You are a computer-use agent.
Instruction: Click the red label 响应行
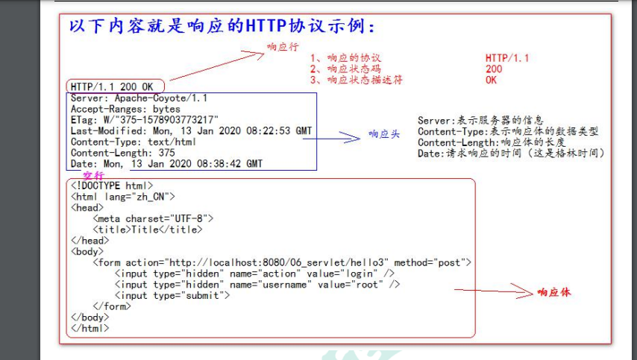[x=281, y=47]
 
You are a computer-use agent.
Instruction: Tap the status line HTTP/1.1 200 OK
[x=113, y=86]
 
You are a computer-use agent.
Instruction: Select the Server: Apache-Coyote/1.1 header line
[x=139, y=98]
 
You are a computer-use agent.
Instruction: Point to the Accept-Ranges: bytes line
[x=125, y=109]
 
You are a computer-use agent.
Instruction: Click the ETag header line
[x=144, y=119]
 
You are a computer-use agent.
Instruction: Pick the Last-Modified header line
[x=191, y=130]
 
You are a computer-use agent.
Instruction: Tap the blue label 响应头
[x=383, y=135]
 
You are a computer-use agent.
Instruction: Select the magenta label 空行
[x=93, y=174]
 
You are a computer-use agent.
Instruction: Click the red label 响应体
[x=553, y=293]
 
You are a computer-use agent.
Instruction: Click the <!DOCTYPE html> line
[x=112, y=185]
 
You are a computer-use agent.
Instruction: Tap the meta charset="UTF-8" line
[x=153, y=218]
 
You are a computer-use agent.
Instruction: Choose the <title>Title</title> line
[x=147, y=230]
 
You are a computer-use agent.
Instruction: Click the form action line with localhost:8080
[x=282, y=262]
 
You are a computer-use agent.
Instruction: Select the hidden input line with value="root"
[x=257, y=284]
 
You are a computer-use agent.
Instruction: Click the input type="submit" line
[x=172, y=295]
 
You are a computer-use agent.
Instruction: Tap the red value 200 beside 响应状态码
[x=494, y=69]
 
